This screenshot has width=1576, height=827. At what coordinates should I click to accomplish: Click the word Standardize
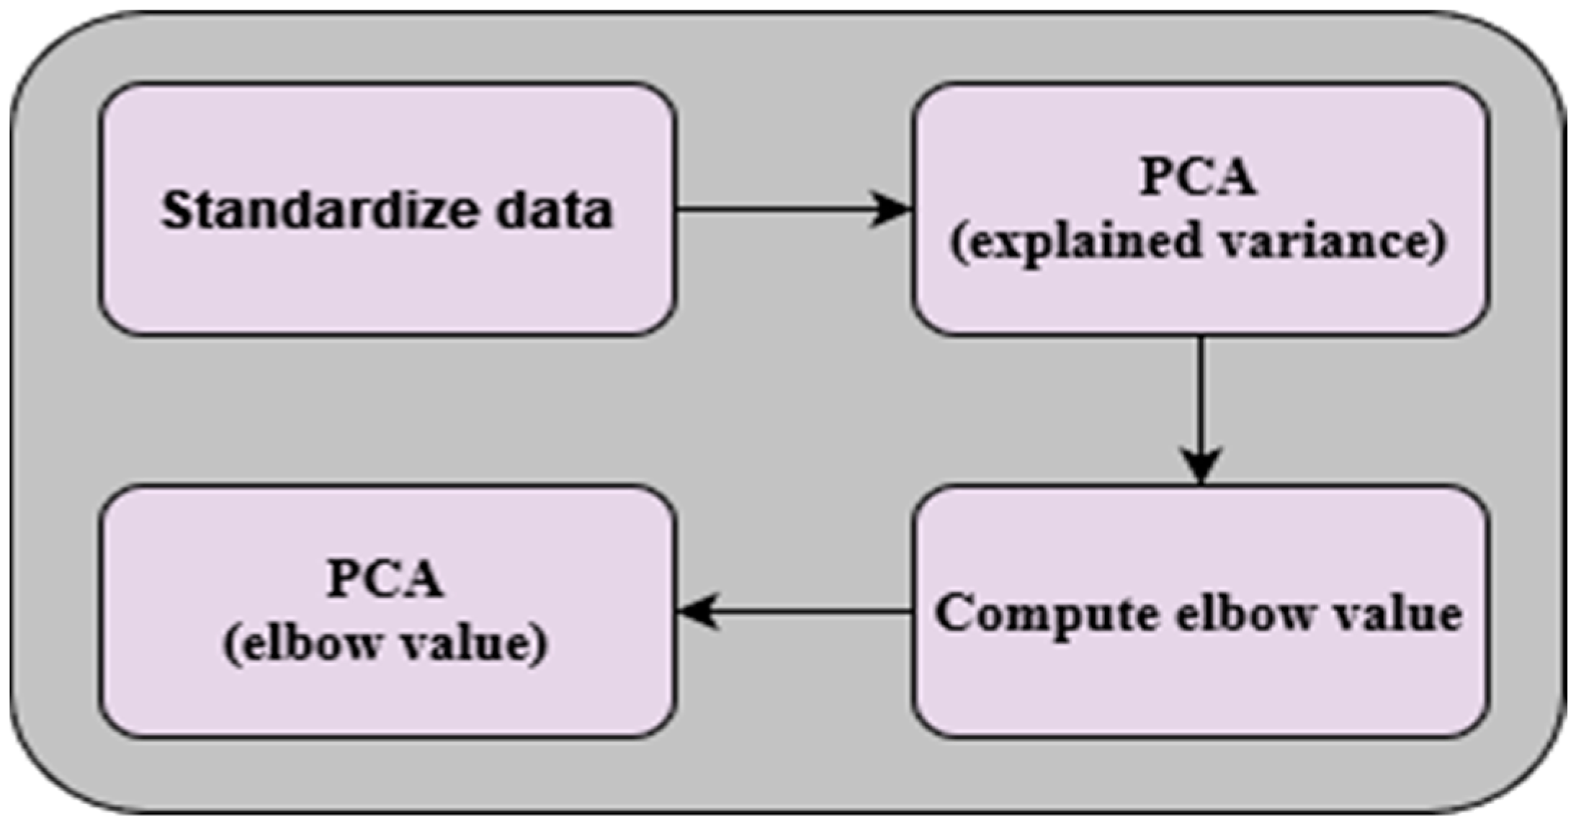pos(317,210)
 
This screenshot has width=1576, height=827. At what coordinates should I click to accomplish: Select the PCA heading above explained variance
pos(1199,176)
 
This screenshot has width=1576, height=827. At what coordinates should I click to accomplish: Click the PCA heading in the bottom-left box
pos(385,578)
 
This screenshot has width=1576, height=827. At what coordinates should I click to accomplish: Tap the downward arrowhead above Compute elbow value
pos(1201,465)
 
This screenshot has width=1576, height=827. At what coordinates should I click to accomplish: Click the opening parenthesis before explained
pos(959,243)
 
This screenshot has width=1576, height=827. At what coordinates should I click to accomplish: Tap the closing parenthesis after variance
pos(1438,243)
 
